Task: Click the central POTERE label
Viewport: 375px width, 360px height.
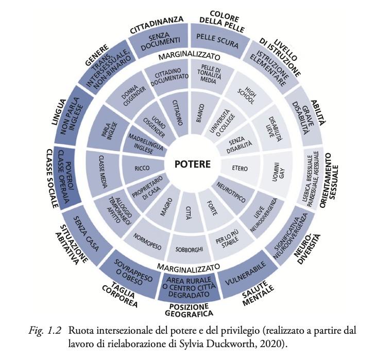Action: (x=192, y=165)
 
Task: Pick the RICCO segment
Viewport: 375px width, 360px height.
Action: (x=142, y=168)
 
